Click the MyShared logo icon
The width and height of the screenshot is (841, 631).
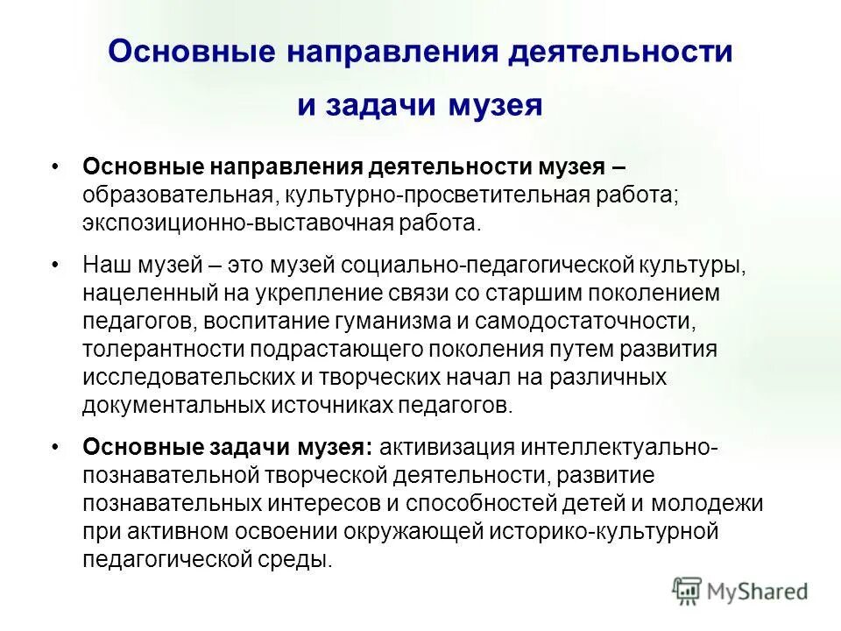[687, 591]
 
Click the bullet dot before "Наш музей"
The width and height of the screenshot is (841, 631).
[57, 265]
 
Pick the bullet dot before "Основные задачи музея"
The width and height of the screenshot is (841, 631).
[57, 447]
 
